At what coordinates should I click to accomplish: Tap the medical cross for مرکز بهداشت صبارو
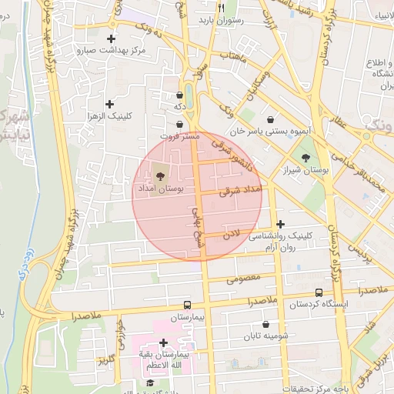point(112,38)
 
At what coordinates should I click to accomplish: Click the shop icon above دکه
point(179,95)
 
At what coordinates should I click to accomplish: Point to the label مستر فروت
point(183,135)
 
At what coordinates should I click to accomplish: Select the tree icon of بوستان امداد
point(160,175)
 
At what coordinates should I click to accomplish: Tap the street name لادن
point(232,232)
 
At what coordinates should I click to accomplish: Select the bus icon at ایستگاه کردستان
point(319,292)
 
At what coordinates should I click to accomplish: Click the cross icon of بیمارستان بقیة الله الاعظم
point(163,343)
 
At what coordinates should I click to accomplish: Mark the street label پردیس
point(359,252)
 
